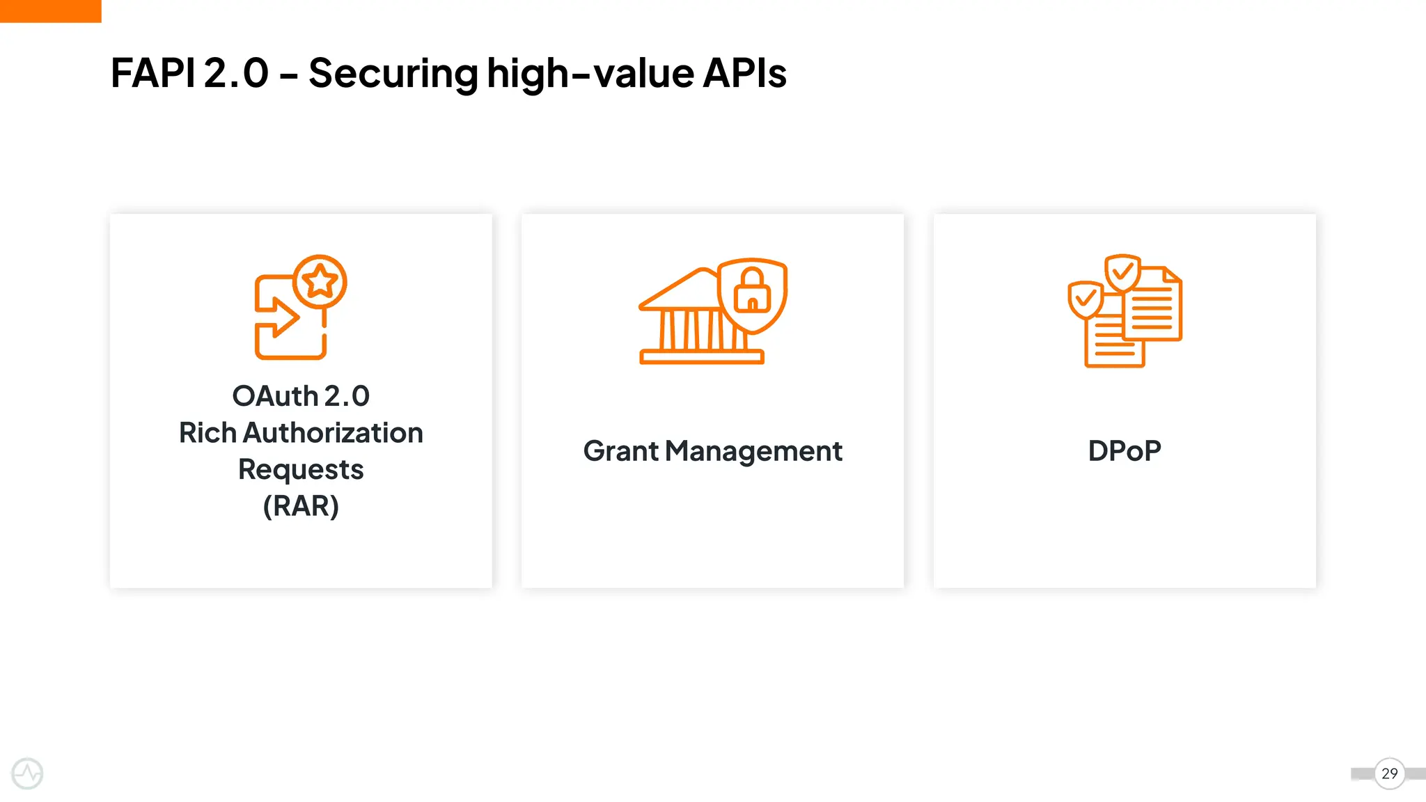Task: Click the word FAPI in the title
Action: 152,73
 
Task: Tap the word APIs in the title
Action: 744,73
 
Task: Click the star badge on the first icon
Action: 320,281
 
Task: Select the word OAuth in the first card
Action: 275,396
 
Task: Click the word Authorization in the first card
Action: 333,433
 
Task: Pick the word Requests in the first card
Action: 301,470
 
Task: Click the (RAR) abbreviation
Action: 301,506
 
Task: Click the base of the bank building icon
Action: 701,357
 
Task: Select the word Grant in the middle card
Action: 620,451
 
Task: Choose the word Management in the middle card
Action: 753,452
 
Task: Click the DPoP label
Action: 1125,451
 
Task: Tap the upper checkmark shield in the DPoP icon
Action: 1122,272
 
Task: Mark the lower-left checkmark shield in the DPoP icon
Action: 1086,300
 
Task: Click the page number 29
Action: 1389,773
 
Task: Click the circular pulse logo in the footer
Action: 28,773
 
